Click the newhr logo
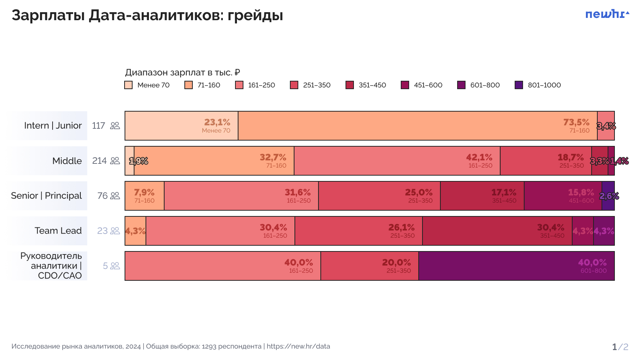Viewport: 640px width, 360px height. (607, 14)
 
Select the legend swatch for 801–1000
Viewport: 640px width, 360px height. (518, 85)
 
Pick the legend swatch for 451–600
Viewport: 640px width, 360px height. (405, 85)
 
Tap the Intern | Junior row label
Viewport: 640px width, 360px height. (53, 126)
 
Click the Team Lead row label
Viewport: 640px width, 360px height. (58, 231)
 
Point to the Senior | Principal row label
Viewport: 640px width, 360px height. (46, 196)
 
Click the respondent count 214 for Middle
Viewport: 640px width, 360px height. (99, 161)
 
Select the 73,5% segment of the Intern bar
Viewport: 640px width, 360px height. (417, 126)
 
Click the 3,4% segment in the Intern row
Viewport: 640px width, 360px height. (606, 126)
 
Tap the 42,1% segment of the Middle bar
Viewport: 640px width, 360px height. (397, 161)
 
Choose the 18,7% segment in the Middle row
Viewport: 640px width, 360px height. (546, 161)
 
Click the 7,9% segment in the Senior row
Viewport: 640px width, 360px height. (144, 196)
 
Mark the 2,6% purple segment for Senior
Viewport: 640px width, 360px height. (608, 196)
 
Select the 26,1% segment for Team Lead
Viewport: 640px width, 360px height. (358, 231)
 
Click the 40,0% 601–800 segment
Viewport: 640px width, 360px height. (516, 266)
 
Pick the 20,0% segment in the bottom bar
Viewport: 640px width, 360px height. (369, 266)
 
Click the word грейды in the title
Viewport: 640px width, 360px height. (255, 16)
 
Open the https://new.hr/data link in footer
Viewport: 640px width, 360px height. (298, 346)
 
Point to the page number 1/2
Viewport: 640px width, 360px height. (620, 347)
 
